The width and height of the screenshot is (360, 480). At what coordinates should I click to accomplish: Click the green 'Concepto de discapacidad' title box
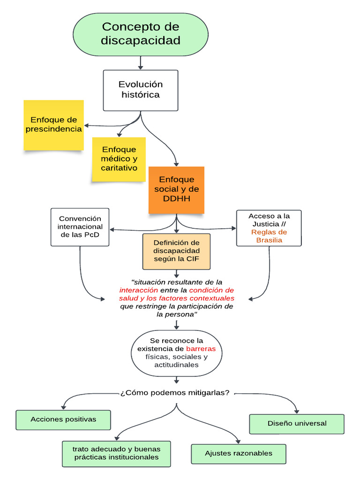[140, 34]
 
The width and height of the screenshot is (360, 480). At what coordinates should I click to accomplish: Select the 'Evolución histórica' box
[140, 90]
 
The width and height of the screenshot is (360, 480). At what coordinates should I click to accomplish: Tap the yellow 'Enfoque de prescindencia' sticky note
[53, 125]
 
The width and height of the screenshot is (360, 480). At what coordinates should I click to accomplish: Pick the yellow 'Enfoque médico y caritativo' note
[119, 159]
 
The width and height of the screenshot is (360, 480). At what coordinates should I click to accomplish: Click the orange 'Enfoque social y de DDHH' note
[176, 189]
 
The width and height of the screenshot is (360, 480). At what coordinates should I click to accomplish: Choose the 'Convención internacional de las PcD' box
[80, 227]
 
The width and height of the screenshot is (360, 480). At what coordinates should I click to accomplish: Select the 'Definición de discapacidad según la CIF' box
[176, 251]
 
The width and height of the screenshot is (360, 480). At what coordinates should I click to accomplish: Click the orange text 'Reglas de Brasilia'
[269, 236]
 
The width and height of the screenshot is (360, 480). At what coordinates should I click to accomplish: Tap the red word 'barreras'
[201, 349]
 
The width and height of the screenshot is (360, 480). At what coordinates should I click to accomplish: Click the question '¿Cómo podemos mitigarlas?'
[175, 392]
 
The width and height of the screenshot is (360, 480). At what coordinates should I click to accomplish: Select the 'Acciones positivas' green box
[63, 420]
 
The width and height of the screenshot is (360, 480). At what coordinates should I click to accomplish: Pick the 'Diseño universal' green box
[297, 423]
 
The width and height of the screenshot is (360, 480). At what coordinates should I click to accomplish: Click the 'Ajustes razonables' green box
[239, 453]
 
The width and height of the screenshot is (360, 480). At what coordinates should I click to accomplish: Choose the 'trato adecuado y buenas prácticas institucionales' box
[116, 453]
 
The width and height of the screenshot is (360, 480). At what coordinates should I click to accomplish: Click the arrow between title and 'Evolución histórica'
[140, 62]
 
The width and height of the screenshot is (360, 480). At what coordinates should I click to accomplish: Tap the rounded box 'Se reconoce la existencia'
[176, 353]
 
